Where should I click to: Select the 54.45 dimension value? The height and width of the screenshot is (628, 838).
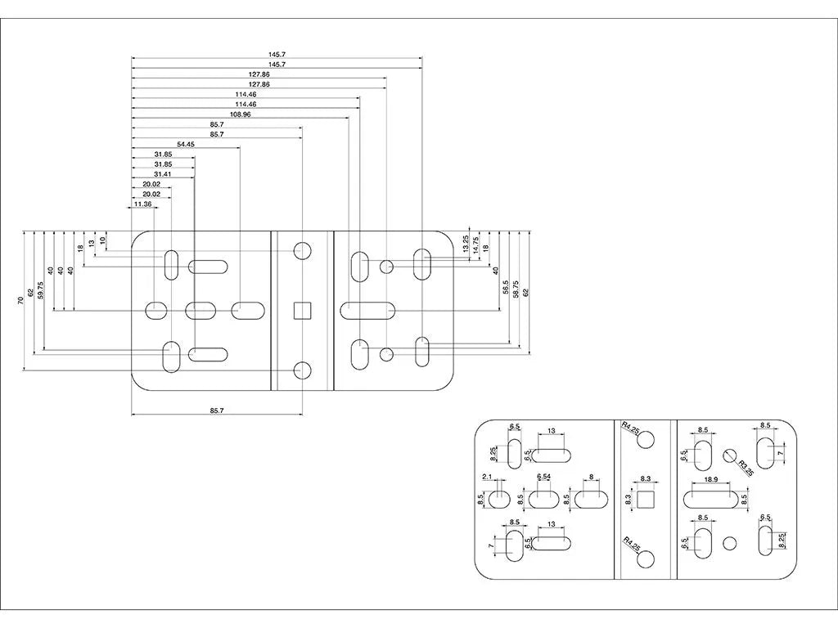[186, 144]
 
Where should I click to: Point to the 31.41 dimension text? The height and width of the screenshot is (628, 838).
[163, 174]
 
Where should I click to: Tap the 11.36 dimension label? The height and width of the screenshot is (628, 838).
[142, 204]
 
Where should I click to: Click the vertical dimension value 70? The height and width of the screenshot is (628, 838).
[20, 301]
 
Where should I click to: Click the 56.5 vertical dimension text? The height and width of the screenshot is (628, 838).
[506, 287]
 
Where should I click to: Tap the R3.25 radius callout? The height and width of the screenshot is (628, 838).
[746, 467]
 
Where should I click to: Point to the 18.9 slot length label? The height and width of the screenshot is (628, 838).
[711, 480]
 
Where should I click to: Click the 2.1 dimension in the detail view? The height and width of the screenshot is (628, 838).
[486, 477]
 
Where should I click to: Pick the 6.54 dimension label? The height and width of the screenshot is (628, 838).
[544, 477]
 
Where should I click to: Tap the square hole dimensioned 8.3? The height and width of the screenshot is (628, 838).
[646, 499]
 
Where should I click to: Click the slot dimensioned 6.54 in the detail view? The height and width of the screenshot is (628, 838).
[544, 499]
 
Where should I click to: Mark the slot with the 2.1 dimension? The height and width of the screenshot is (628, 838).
[498, 499]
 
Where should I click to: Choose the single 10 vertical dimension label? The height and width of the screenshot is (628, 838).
[103, 240]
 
